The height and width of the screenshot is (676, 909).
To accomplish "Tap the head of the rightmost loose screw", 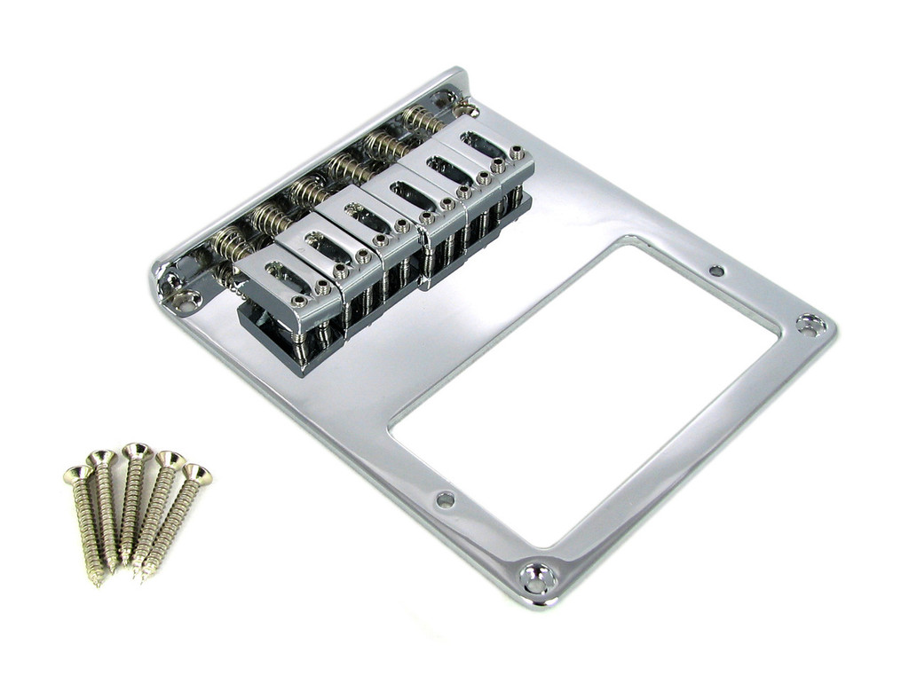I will pos(197,475).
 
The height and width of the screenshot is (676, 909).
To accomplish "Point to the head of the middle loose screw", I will pos(135,452).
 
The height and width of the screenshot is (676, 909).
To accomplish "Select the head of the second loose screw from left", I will pos(101,459).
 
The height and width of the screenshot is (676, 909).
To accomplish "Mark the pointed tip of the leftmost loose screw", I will pos(98,581).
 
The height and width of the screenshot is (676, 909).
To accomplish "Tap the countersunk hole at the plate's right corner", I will pos(810,326).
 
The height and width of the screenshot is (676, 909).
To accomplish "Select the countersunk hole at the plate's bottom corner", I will pos(539,578).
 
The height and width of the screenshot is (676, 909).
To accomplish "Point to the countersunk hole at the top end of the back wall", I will pos(468,110).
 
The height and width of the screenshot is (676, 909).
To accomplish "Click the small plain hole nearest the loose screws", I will pos(446,499).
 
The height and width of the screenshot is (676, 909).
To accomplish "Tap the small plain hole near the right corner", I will pos(716,270).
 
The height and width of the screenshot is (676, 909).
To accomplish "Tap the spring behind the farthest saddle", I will pos(422,119).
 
